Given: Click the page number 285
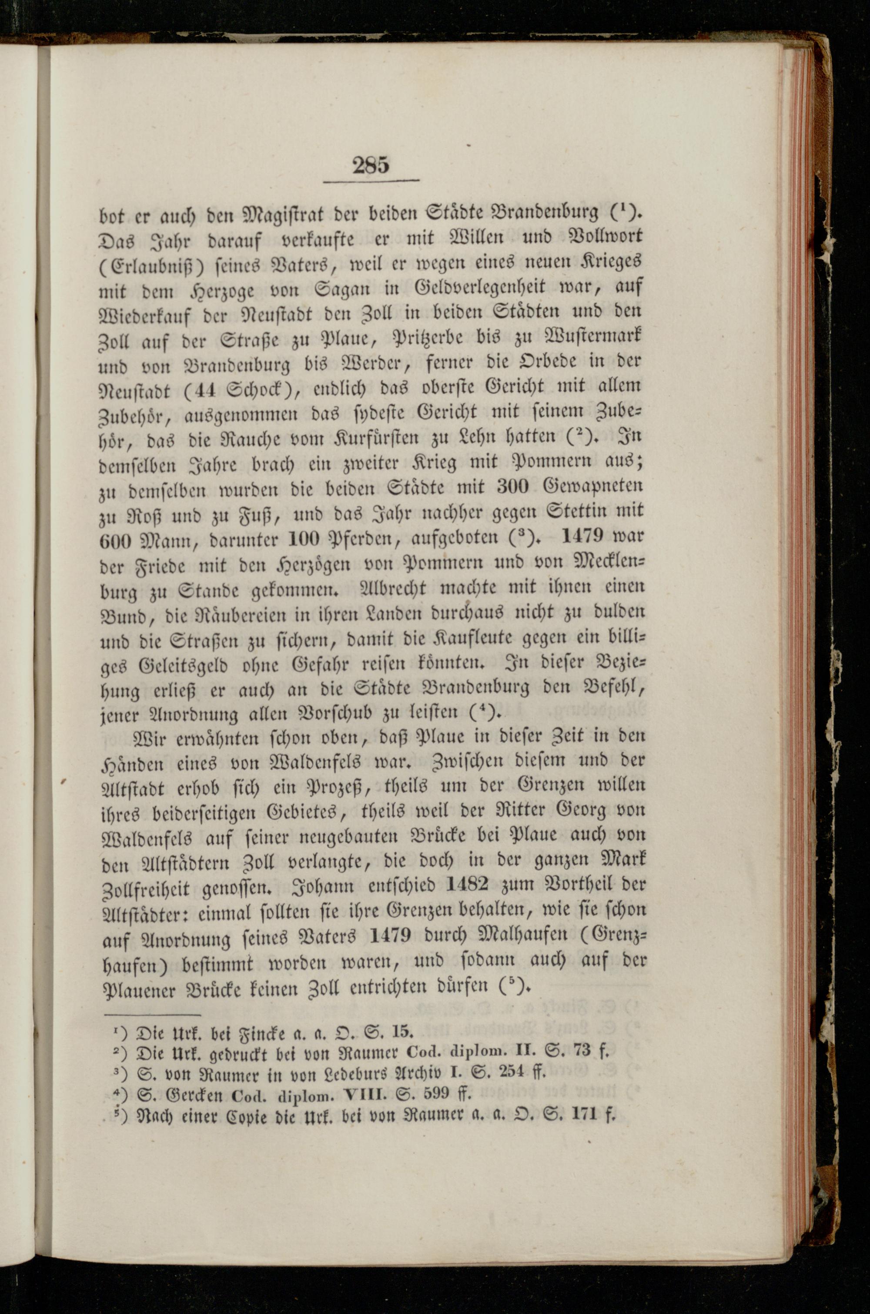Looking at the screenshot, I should tap(371, 165).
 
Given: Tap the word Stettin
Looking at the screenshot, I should tap(576, 510).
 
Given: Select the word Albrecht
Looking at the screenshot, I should tap(392, 587).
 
